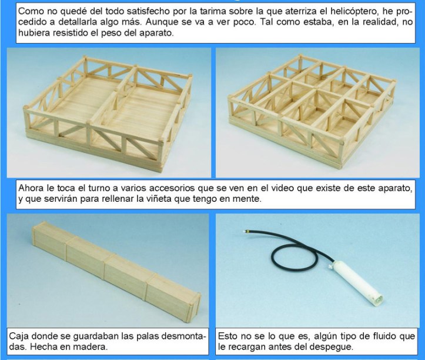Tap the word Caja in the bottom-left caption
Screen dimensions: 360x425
19,336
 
